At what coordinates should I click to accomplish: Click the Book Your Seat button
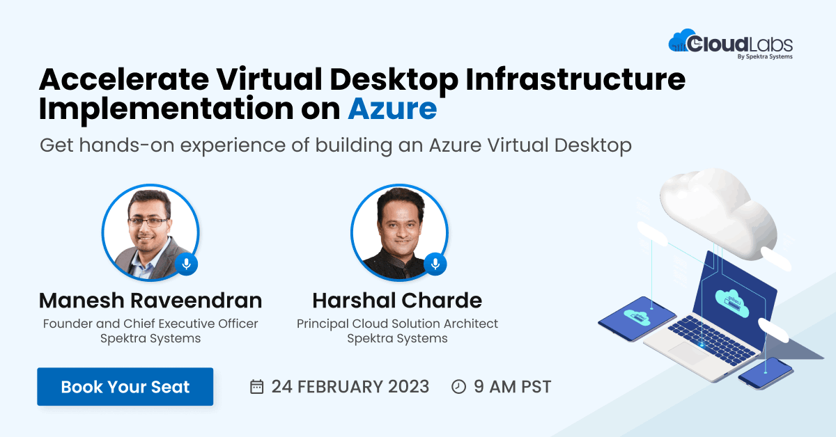[125, 387]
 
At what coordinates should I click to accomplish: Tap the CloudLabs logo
[730, 45]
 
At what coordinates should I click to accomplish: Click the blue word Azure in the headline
[392, 109]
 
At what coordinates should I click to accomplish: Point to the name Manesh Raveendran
[150, 301]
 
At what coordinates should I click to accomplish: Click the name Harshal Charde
[397, 301]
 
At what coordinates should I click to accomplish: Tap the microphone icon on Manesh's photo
[186, 264]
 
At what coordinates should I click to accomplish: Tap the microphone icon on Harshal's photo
[435, 264]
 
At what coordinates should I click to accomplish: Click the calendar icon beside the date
[256, 387]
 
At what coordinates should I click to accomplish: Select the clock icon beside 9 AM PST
[458, 387]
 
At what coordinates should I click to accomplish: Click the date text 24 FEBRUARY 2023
[350, 387]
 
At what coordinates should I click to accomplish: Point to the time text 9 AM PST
[512, 387]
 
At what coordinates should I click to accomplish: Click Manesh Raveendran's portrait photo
[150, 232]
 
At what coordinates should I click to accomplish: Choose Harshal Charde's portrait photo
[399, 232]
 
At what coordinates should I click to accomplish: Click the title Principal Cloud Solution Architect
[397, 324]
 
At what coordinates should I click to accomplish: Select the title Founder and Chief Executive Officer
[150, 324]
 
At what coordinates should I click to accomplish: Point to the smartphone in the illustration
[765, 374]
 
